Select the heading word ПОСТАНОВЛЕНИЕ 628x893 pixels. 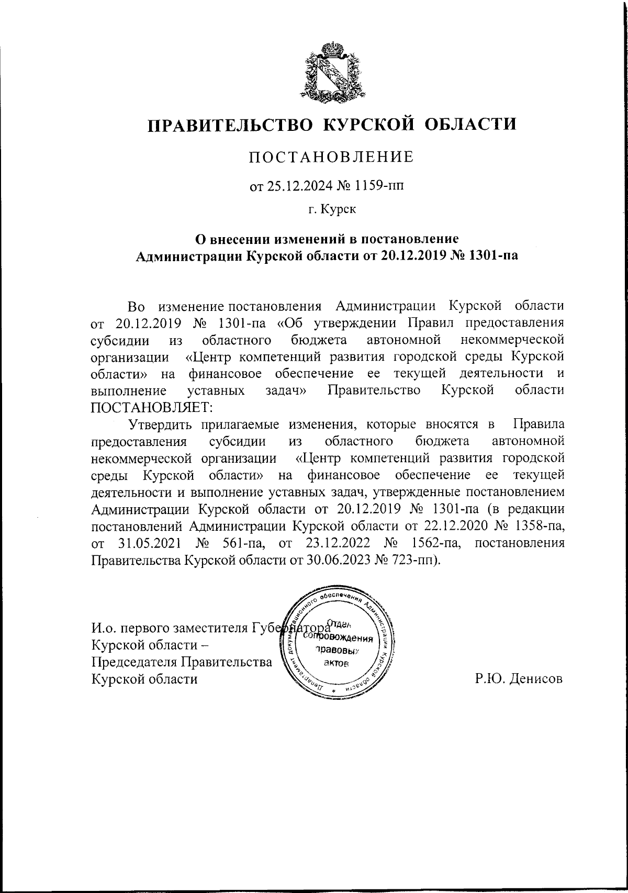pyautogui.click(x=331, y=157)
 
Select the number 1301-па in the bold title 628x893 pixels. pyautogui.click(x=491, y=256)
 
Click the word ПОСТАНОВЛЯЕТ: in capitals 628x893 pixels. pyautogui.click(x=151, y=407)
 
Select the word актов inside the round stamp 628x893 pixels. pyautogui.click(x=335, y=663)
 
